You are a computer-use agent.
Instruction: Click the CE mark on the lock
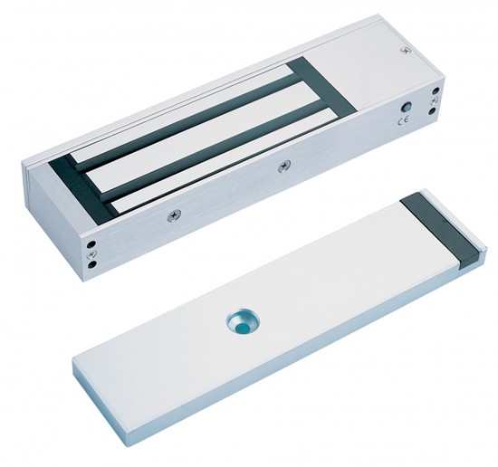tap(405, 120)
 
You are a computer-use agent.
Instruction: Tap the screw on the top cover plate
tap(405, 50)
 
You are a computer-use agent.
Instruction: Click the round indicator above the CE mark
tap(407, 107)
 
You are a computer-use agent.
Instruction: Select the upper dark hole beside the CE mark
tap(436, 91)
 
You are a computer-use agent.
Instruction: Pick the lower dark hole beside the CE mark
tap(432, 111)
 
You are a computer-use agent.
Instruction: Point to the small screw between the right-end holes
tap(434, 101)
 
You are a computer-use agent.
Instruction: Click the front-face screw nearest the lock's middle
tap(284, 166)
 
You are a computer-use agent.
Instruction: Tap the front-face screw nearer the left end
tap(174, 215)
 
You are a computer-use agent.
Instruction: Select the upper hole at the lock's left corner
tap(91, 245)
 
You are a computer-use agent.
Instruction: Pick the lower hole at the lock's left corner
tap(91, 264)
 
